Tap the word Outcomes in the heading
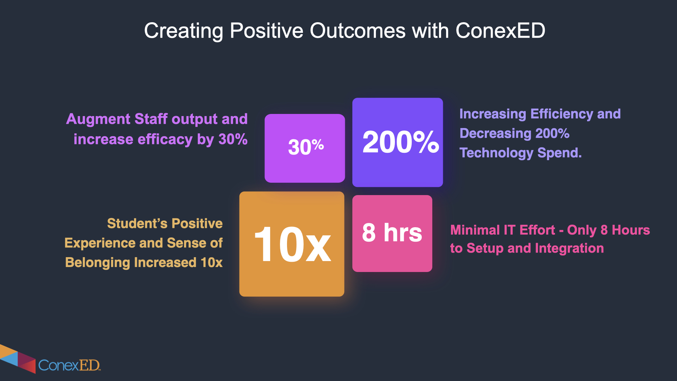(x=358, y=31)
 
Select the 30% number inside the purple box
(x=306, y=147)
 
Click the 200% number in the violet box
(x=401, y=142)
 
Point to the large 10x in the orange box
(x=292, y=244)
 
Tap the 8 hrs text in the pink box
(x=392, y=233)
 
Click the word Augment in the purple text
(x=98, y=119)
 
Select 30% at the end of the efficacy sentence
(x=233, y=139)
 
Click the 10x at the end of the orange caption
(x=212, y=262)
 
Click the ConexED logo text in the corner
(x=69, y=365)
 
